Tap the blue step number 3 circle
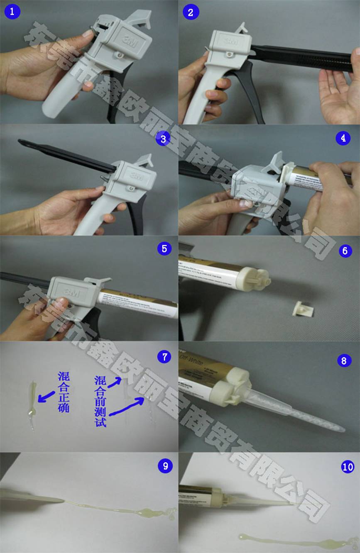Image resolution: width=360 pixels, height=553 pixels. [163, 139]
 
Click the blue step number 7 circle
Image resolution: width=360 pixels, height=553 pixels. [164, 356]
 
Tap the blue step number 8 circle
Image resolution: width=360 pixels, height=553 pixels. [343, 360]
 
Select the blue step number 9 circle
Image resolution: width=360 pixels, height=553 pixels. [165, 466]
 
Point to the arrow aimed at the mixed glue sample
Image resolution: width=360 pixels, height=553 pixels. [47, 396]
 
